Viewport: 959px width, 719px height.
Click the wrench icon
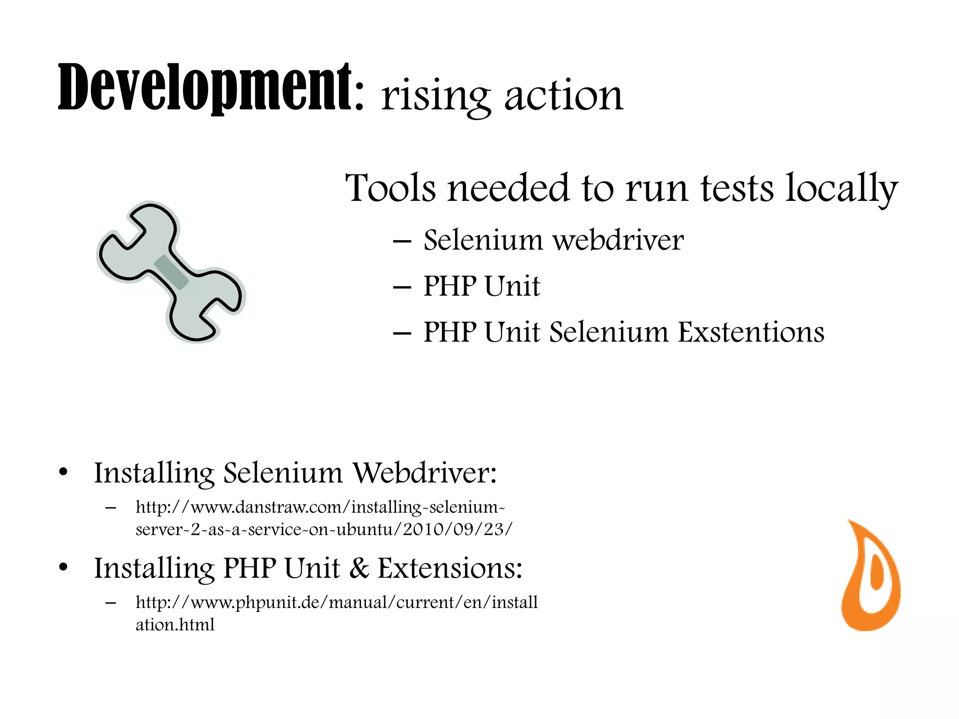[171, 271]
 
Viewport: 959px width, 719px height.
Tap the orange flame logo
[870, 576]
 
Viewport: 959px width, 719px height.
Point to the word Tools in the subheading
[391, 188]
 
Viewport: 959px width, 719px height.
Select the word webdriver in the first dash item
[618, 240]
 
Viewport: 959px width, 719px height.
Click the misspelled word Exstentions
[751, 332]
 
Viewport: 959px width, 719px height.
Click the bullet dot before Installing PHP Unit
[64, 568]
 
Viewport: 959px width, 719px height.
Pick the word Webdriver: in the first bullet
[424, 473]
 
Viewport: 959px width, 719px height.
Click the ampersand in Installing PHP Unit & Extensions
[359, 568]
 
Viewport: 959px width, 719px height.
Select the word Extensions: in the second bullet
[450, 568]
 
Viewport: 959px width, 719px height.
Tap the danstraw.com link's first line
[320, 507]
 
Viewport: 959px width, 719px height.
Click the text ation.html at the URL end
[175, 625]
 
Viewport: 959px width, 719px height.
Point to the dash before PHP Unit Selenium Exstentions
[402, 333]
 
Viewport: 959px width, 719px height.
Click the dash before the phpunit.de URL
[111, 603]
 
